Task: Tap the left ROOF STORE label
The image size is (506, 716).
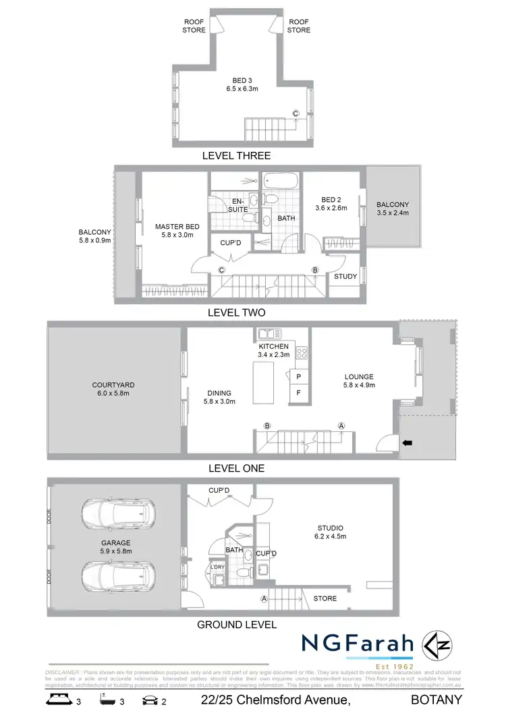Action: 194,26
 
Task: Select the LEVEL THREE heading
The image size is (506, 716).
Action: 236,156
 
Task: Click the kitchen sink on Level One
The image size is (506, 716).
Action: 268,333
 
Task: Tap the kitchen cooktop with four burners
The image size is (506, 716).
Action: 302,352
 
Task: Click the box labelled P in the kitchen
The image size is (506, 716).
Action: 298,375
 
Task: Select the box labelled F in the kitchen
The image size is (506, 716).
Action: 298,392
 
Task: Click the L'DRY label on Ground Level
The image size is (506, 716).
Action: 217,566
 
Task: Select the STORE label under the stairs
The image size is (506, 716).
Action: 325,599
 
